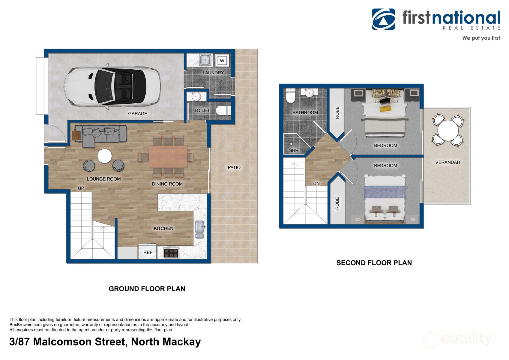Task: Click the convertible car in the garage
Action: pyautogui.click(x=112, y=86)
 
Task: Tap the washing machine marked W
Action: pyautogui.click(x=222, y=61)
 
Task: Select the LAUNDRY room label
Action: pyautogui.click(x=213, y=73)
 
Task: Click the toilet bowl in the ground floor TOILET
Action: pyautogui.click(x=223, y=111)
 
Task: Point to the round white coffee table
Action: pyautogui.click(x=104, y=156)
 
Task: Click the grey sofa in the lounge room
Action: pyautogui.click(x=100, y=136)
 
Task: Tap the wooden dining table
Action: pyautogui.click(x=168, y=157)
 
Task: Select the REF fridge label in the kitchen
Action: pyautogui.click(x=148, y=252)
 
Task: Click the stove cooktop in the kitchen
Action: pyautogui.click(x=171, y=253)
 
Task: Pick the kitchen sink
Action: pyautogui.click(x=199, y=229)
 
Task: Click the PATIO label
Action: pyautogui.click(x=234, y=167)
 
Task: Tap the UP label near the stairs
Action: pyautogui.click(x=81, y=188)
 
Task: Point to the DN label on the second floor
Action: pyautogui.click(x=316, y=183)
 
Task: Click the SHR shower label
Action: pyautogui.click(x=294, y=150)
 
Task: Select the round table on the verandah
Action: pyautogui.click(x=448, y=130)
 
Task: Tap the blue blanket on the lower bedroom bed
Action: pyautogui.click(x=385, y=192)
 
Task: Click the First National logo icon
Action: pyautogui.click(x=383, y=19)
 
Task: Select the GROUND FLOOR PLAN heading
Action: pyautogui.click(x=147, y=289)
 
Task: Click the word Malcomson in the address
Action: pyautogui.click(x=62, y=342)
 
